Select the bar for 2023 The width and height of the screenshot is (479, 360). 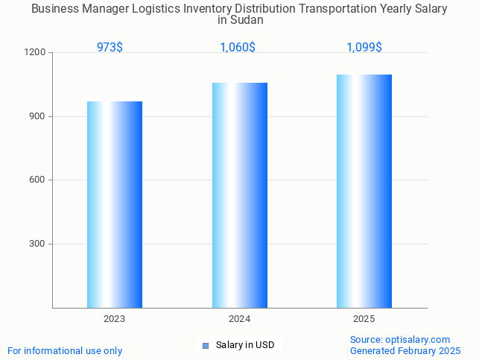point(115,204)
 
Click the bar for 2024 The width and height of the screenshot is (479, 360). point(239,195)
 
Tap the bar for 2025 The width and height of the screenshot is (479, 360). point(364,191)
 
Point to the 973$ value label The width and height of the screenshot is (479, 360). point(110,48)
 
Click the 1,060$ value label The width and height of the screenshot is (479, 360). point(238,48)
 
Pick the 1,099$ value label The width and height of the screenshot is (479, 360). point(364,48)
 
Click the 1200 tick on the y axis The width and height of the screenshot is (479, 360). point(37,53)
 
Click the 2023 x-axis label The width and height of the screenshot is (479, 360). point(115,319)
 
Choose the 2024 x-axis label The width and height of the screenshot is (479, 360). point(239,319)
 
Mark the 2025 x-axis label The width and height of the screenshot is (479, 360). point(364,319)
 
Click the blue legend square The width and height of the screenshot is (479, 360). point(206,345)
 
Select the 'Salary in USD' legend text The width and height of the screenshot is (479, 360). point(245,345)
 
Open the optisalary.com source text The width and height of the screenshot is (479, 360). point(400,339)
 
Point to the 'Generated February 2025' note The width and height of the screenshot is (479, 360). point(405,350)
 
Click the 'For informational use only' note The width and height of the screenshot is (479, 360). point(65,350)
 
